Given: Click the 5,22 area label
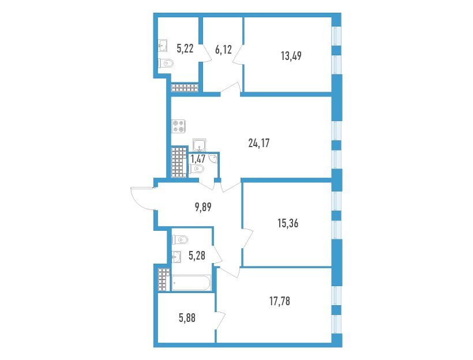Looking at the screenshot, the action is tap(185, 48).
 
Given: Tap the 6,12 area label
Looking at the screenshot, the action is tap(223, 50).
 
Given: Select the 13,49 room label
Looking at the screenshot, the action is tap(291, 56).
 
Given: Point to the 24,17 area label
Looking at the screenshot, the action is tap(259, 142).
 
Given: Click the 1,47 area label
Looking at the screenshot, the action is tap(198, 159).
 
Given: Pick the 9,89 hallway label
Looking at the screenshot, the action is tap(203, 207).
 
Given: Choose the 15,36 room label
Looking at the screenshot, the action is tap(288, 223).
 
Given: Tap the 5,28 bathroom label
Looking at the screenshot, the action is tap(197, 256).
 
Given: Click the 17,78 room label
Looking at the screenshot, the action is tap(280, 301).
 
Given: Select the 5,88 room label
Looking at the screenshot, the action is tap(187, 318).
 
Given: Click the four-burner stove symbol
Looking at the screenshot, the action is tap(179, 126).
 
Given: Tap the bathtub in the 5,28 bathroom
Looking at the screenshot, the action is tap(191, 283).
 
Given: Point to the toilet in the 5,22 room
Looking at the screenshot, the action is tap(166, 63).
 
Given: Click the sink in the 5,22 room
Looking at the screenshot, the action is tap(163, 46).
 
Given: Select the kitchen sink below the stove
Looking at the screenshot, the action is tap(200, 145).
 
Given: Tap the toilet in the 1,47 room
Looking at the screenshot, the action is tap(197, 169).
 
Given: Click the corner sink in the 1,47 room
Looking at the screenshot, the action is tap(213, 158).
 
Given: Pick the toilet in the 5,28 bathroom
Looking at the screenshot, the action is tap(180, 239).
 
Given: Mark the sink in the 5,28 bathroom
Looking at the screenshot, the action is tap(176, 257).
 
